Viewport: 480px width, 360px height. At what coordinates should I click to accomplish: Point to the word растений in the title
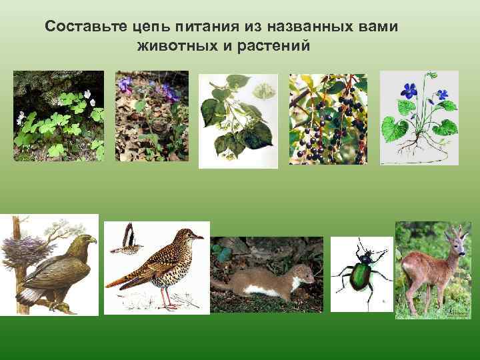(x=273, y=47)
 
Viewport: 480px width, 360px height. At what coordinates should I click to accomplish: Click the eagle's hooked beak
(x=93, y=239)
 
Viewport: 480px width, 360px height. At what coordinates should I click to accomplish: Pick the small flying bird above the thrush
(x=125, y=241)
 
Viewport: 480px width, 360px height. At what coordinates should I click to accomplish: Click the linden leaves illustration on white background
(x=237, y=120)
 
